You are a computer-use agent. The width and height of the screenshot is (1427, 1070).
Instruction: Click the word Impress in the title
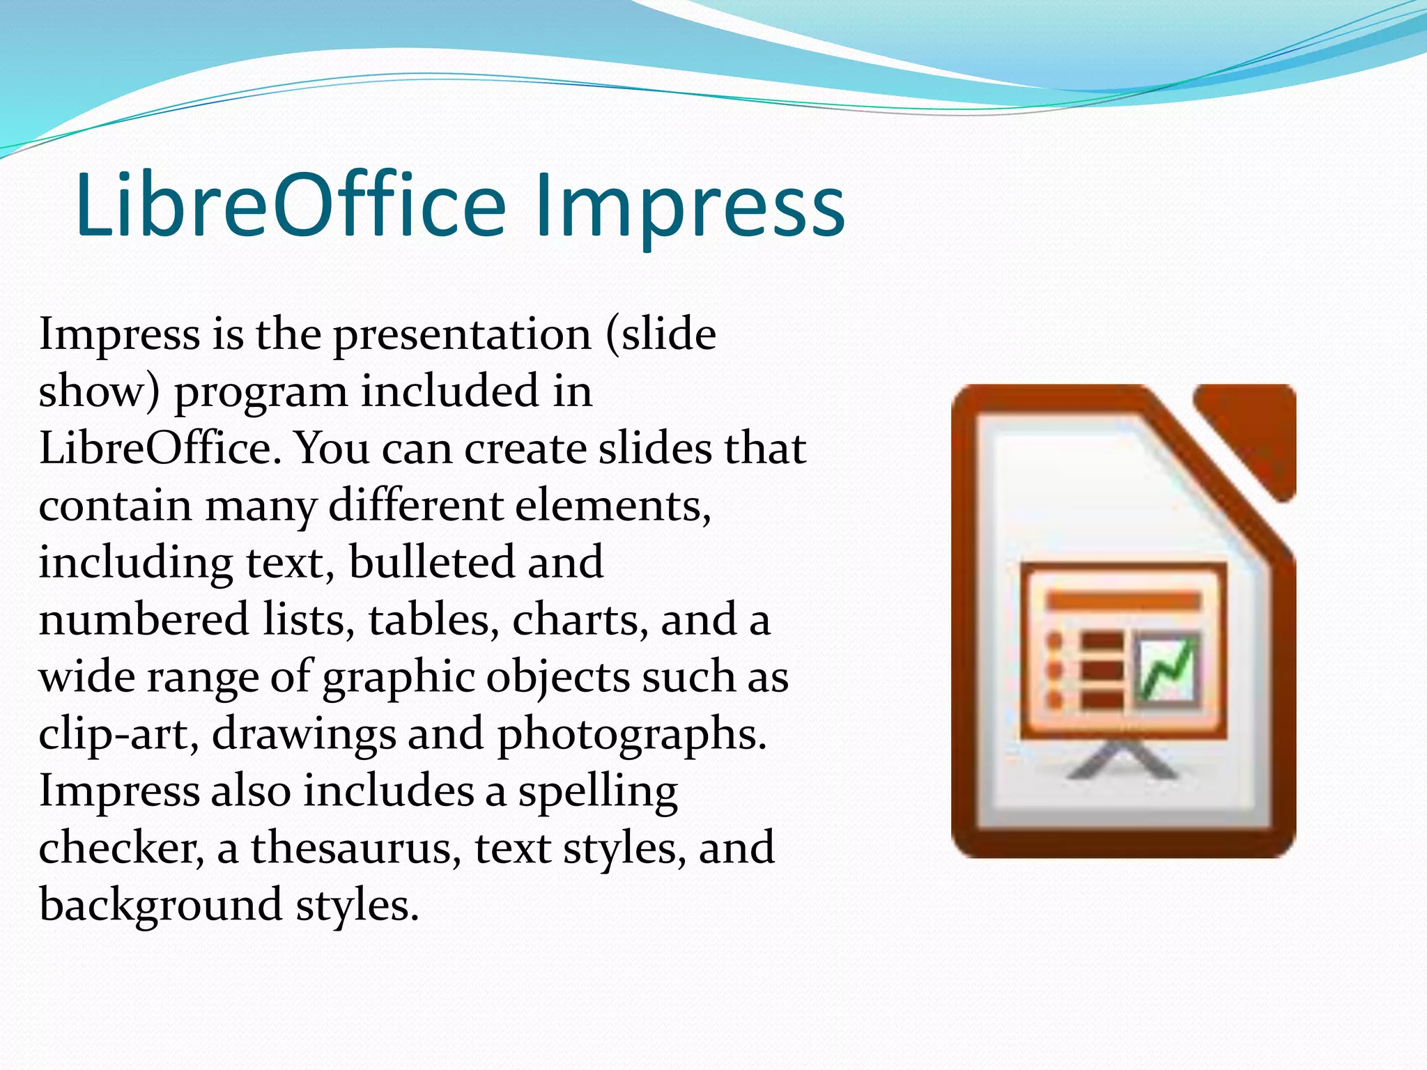[690, 206]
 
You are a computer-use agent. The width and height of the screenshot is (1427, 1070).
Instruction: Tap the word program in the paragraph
[261, 393]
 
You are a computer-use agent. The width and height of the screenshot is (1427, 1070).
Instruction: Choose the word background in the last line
[160, 906]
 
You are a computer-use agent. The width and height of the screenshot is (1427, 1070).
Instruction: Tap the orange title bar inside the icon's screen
[1123, 600]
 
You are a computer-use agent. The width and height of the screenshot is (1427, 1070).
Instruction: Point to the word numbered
[144, 620]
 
